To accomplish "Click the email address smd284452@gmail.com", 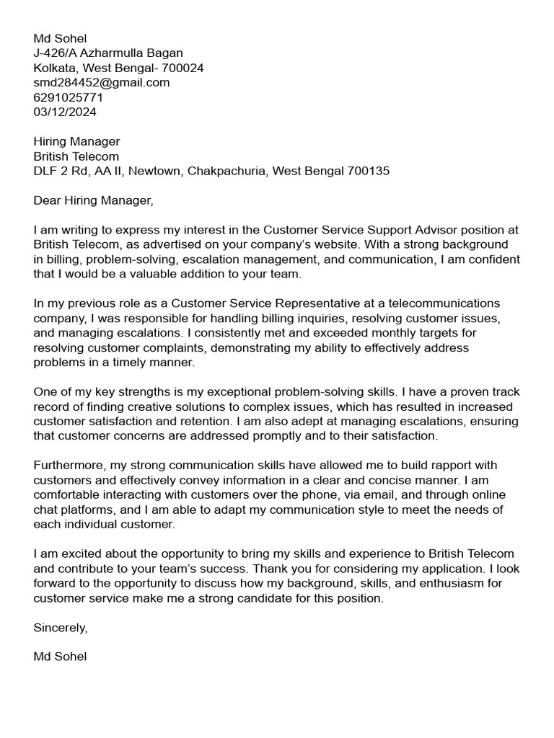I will [102, 82].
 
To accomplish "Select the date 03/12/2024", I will [65, 112].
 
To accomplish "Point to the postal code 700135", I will [369, 171].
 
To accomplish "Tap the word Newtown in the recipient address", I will [159, 171].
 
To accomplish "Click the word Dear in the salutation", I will [47, 200].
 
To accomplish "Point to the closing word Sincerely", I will [60, 627].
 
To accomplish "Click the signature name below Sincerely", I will [60, 657].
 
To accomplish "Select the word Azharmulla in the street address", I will [113, 53].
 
